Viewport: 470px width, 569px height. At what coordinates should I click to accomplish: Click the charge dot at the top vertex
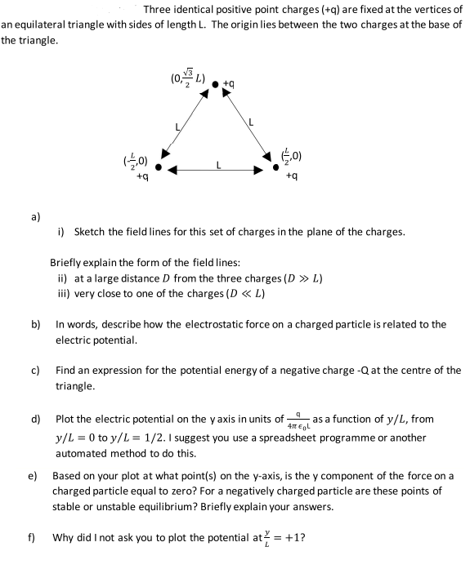click(x=216, y=83)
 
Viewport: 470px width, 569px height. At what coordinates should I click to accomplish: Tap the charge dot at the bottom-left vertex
click(x=161, y=170)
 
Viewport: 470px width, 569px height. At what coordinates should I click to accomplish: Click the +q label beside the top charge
click(x=229, y=83)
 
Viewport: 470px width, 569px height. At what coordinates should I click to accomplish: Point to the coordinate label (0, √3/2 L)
click(x=188, y=80)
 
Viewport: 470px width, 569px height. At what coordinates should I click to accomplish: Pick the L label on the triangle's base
click(x=217, y=164)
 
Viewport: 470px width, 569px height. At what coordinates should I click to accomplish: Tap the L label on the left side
click(x=177, y=126)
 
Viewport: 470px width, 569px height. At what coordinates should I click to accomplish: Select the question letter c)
click(x=37, y=370)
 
